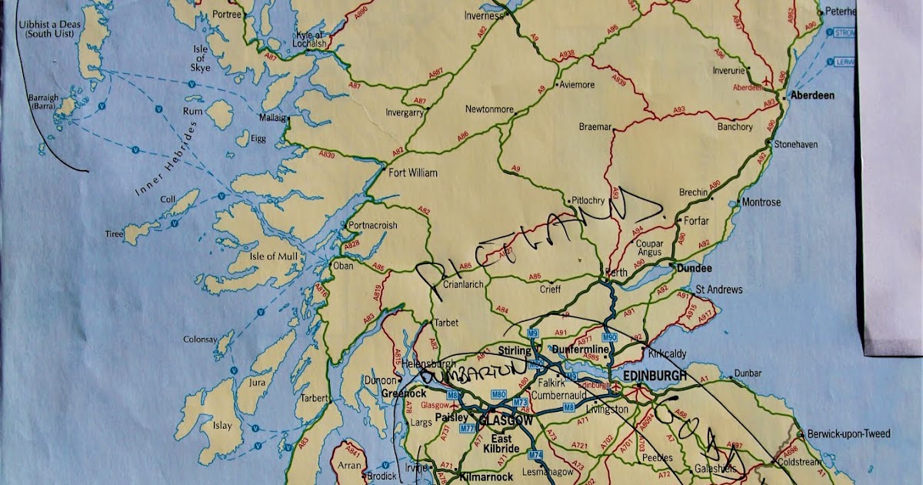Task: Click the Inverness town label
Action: [x=485, y=15]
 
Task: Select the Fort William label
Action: [x=413, y=173]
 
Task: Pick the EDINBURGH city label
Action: [x=655, y=375]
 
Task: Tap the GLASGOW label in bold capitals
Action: [x=505, y=421]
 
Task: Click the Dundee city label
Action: [x=694, y=269]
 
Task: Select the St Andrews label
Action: [x=719, y=289]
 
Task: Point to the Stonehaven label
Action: [x=796, y=144]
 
